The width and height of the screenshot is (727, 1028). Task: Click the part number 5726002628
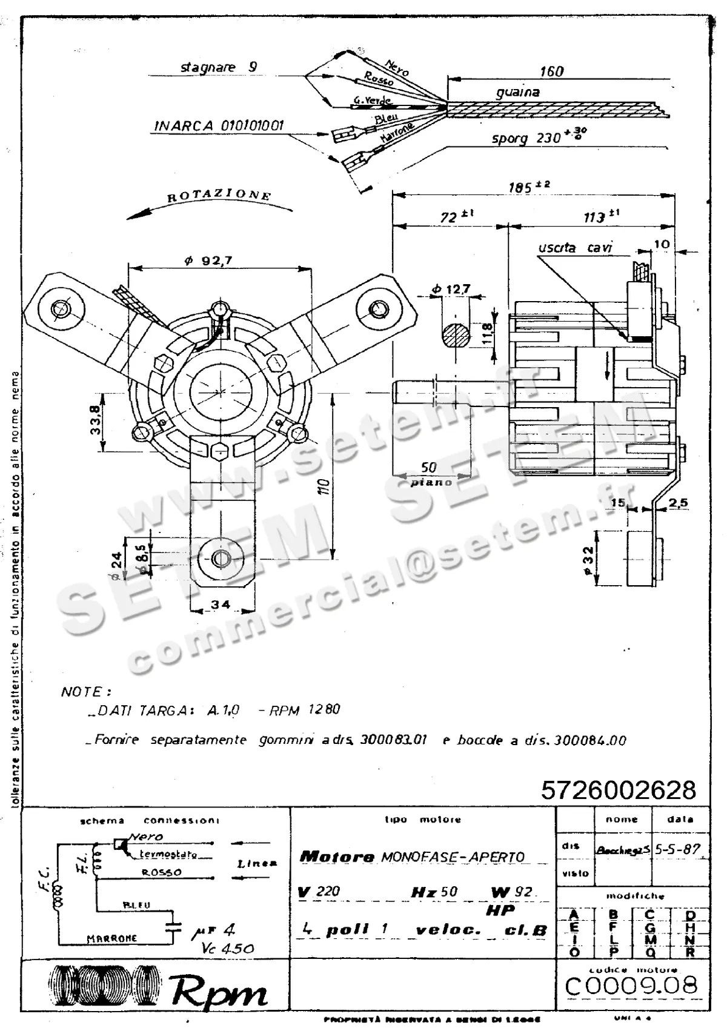(619, 790)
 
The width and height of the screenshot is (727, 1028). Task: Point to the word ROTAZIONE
(219, 196)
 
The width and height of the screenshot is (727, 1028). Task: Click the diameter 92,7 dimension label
(208, 260)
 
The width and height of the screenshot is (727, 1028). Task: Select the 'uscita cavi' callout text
(575, 248)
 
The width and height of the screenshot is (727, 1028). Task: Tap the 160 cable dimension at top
(551, 71)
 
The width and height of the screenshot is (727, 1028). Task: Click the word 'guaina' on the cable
(517, 92)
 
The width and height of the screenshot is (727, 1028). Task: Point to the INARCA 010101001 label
(219, 126)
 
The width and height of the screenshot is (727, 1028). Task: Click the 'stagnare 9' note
(219, 67)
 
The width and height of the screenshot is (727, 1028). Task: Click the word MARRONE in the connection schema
(111, 938)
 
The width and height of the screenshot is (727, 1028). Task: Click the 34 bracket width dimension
(221, 604)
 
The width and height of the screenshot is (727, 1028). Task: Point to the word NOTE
(85, 691)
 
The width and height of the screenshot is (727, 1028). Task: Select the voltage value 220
(328, 891)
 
